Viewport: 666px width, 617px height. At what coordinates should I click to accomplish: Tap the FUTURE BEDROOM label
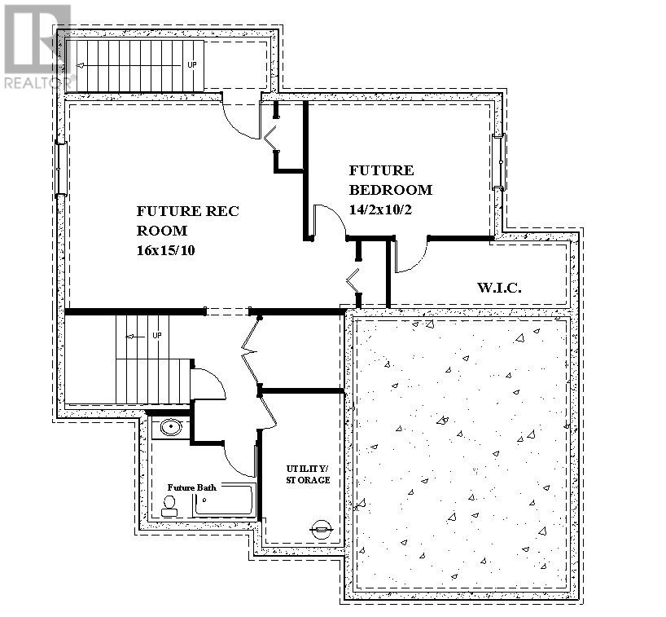tap(390, 180)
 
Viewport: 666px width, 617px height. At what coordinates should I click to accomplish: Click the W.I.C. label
tap(498, 289)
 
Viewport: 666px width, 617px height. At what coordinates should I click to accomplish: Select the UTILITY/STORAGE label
tap(308, 474)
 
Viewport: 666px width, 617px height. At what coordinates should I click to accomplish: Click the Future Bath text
tap(191, 487)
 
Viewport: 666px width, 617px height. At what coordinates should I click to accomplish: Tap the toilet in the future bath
tap(169, 506)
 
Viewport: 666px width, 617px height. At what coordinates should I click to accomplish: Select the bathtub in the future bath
tap(224, 500)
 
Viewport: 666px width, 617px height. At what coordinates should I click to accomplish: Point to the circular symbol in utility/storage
tap(322, 529)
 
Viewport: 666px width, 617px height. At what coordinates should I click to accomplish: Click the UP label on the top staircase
tap(191, 64)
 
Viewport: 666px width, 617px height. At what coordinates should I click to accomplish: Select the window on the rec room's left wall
tap(59, 169)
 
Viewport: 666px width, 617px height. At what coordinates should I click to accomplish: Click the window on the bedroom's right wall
tap(499, 161)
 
